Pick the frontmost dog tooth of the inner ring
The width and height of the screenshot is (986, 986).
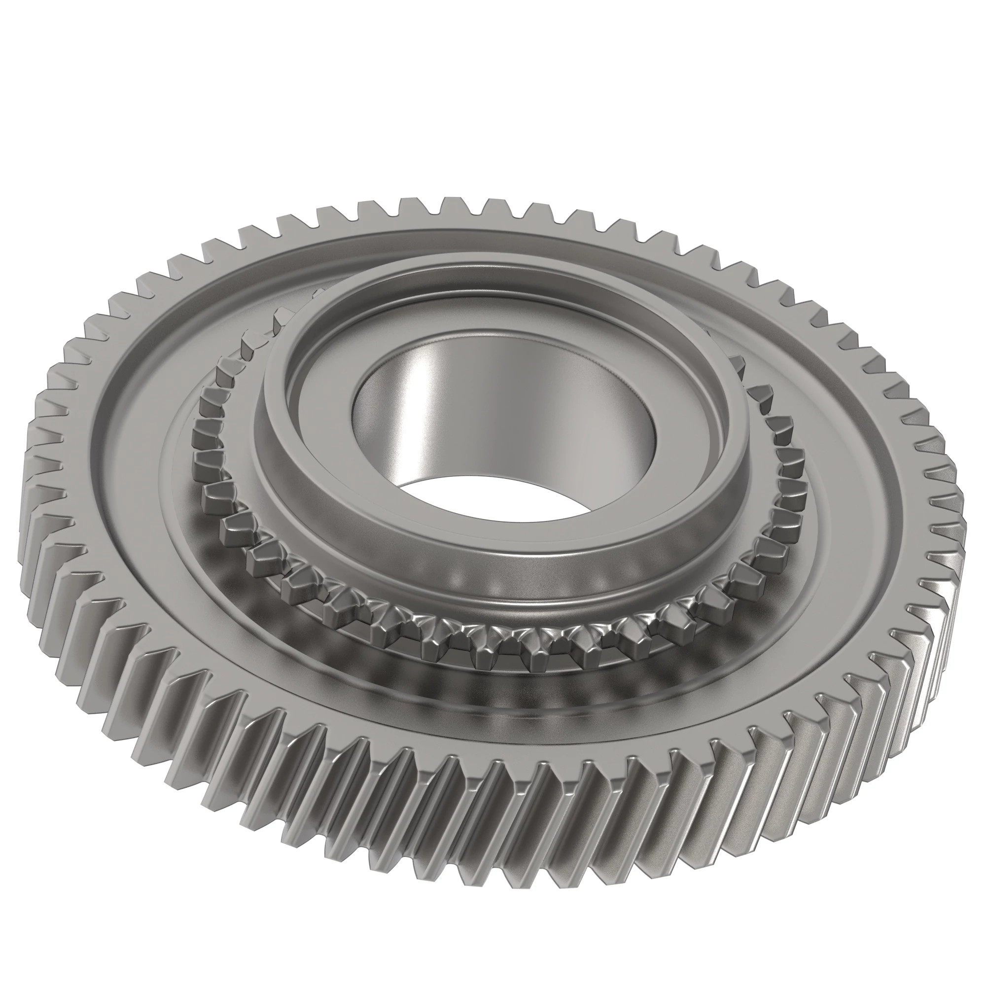point(536,658)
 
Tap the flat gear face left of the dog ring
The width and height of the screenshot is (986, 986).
point(148,459)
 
